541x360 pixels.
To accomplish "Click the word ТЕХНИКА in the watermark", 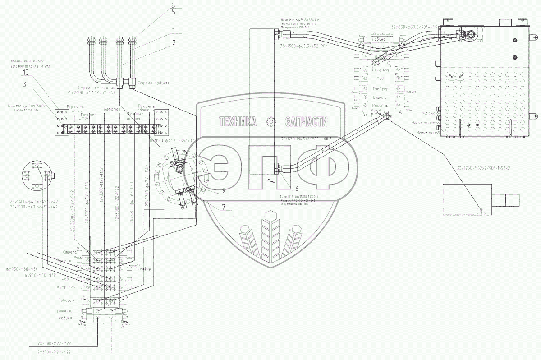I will click(238, 121).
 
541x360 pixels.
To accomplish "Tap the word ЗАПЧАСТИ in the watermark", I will click(306, 121).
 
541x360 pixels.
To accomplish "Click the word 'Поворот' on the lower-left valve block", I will click(73, 300).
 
